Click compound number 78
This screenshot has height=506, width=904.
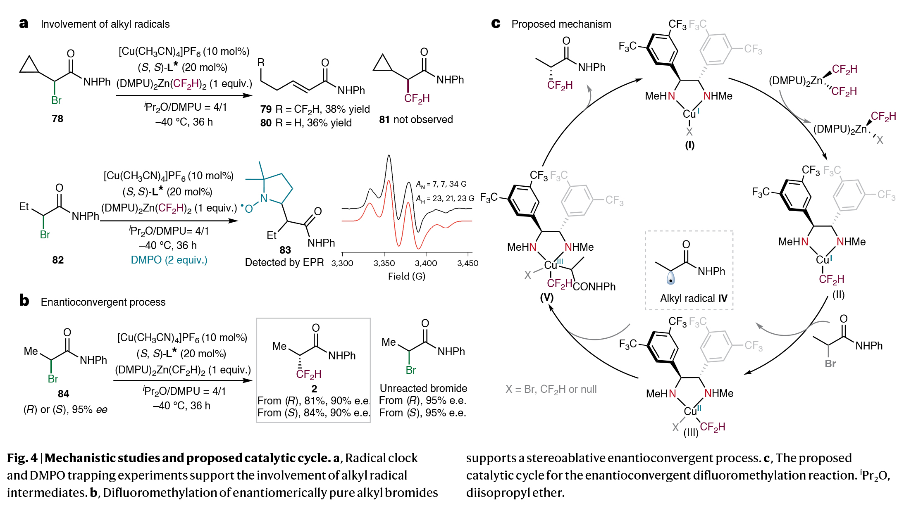pos(57,119)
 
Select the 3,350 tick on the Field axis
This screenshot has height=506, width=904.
pos(384,263)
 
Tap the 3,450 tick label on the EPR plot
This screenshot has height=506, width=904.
pos(468,263)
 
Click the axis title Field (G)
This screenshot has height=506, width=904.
pos(406,276)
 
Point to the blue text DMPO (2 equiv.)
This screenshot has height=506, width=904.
pos(169,260)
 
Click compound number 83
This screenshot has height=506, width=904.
pos(285,250)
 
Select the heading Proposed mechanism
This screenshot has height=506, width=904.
pos(561,24)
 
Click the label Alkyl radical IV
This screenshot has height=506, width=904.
pos(693,298)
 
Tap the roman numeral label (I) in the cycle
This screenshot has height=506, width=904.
pos(689,145)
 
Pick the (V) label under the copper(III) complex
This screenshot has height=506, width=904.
pos(546,297)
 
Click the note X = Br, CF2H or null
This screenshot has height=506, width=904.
pos(551,389)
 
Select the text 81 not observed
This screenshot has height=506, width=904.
pos(416,119)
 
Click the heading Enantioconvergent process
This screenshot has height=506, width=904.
pos(103,302)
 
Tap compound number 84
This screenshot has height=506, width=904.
pos(63,394)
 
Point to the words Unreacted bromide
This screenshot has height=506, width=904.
pos(423,388)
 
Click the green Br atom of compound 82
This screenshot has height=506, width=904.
pos(45,235)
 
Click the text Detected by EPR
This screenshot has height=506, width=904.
pos(284,262)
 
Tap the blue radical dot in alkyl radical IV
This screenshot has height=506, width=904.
pos(670,280)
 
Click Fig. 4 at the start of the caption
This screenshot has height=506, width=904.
pos(22,458)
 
